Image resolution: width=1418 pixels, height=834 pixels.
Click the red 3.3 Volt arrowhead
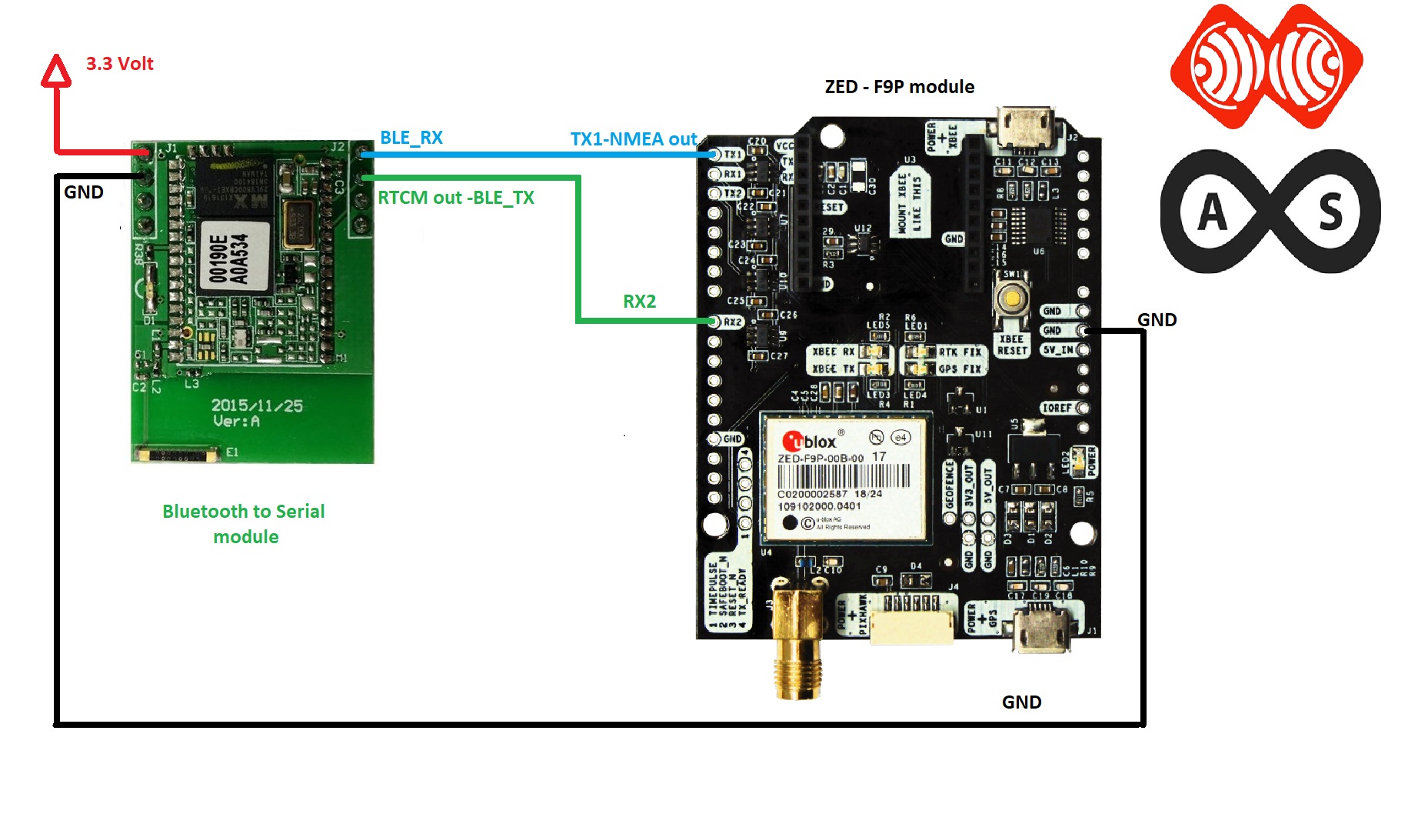[x=56, y=71]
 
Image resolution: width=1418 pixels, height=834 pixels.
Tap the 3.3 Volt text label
[x=119, y=64]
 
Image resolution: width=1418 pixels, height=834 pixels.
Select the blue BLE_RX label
[x=411, y=138]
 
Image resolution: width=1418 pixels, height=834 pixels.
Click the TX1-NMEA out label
[x=634, y=139]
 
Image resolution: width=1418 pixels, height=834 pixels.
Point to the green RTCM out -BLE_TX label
[x=456, y=198]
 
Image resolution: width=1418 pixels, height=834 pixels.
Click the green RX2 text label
[x=639, y=302]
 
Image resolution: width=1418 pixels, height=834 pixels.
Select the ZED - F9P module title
[x=899, y=87]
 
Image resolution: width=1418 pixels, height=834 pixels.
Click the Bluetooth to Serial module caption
[x=245, y=524]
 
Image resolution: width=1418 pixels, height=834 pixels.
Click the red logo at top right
[x=1266, y=66]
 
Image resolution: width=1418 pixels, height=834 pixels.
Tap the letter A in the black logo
[x=1213, y=212]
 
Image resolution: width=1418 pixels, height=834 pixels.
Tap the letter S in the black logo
[x=1330, y=212]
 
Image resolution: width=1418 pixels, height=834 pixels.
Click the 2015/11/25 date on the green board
[x=257, y=405]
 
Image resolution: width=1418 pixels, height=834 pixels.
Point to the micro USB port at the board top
[x=1025, y=125]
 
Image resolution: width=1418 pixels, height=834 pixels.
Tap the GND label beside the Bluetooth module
[x=84, y=192]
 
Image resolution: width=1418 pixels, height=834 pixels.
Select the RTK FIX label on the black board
[x=960, y=352]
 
